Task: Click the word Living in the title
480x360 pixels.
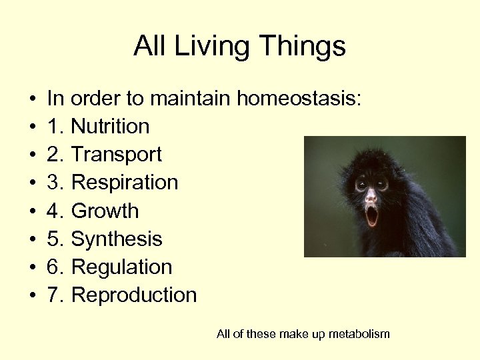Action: [x=204, y=47]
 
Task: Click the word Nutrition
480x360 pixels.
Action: [x=110, y=127]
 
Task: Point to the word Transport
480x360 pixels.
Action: [x=116, y=155]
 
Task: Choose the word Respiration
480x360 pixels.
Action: [x=124, y=183]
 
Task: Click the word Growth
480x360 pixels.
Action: [x=105, y=211]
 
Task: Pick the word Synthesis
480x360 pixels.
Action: [x=116, y=239]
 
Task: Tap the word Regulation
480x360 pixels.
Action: [x=121, y=267]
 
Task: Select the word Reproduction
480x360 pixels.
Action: [x=133, y=295]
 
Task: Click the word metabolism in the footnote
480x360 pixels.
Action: [x=357, y=334]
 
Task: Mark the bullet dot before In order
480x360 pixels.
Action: [x=32, y=100]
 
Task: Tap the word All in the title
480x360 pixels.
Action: [x=149, y=47]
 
